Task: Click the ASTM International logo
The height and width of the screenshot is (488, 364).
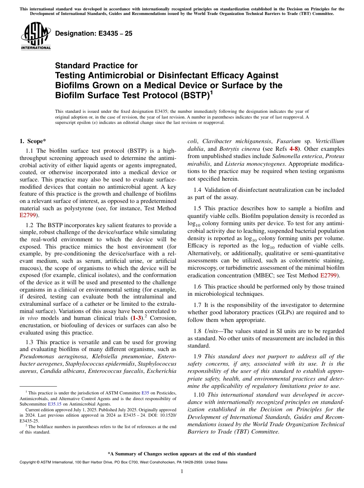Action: pos(36,36)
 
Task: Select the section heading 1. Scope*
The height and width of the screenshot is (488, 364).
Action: pos(33,141)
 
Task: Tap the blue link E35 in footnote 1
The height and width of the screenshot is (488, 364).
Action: pos(145,393)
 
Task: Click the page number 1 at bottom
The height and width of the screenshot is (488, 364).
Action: pos(182,471)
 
